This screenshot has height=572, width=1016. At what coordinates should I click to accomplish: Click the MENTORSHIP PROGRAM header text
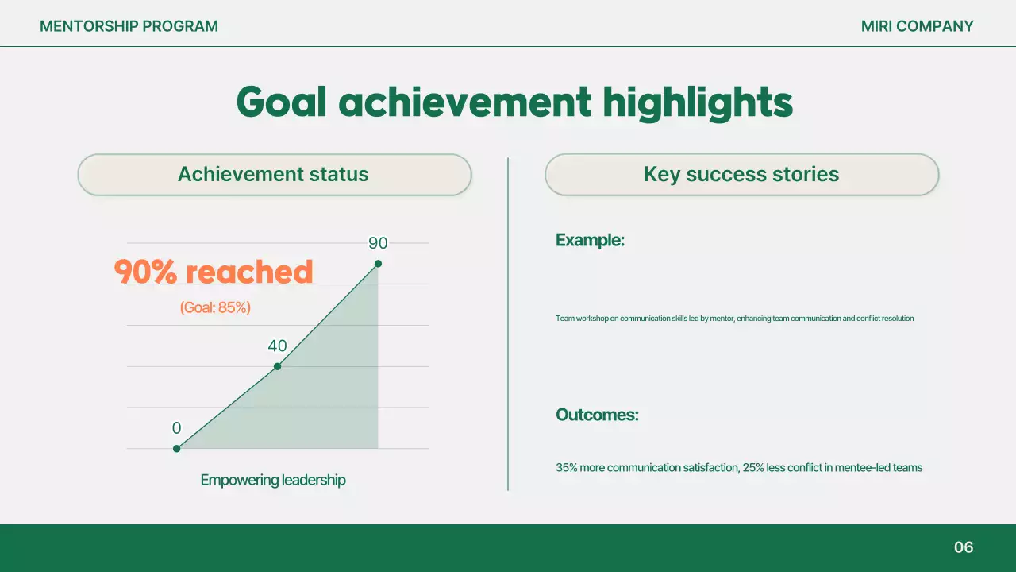[129, 26]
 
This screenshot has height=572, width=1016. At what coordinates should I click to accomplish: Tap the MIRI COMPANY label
[917, 26]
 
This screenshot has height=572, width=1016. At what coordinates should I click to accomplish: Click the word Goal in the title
[281, 102]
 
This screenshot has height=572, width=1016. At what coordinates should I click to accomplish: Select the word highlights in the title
[697, 102]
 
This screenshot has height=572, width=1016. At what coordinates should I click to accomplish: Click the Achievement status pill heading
[274, 175]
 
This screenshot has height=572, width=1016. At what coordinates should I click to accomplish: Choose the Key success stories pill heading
[741, 175]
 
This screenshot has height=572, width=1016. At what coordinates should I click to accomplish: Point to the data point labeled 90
[378, 264]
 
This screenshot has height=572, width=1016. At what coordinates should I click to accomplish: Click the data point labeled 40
[277, 366]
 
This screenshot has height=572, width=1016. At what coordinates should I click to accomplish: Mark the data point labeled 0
[177, 449]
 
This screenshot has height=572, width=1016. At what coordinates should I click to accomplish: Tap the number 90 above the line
[378, 244]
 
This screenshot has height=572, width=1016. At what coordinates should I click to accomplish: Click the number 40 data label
[277, 346]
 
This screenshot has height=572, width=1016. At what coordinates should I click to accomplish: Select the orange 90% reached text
[214, 272]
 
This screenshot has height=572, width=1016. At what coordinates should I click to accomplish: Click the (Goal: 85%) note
[215, 307]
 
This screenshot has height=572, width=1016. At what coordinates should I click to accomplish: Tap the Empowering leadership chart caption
[273, 480]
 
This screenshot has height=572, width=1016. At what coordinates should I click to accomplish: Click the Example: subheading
[590, 240]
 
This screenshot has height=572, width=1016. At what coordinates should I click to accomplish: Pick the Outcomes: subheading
[597, 415]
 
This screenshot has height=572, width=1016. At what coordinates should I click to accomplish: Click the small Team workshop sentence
[734, 319]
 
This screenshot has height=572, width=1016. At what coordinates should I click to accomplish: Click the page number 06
[963, 547]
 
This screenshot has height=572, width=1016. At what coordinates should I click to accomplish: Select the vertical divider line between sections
[508, 324]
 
